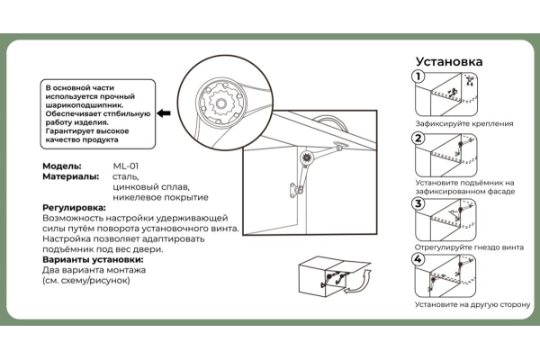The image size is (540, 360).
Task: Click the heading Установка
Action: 448,62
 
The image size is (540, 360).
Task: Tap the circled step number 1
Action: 418,76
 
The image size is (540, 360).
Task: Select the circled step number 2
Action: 418,138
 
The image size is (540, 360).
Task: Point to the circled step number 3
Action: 418,203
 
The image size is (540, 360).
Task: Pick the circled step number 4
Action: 418,260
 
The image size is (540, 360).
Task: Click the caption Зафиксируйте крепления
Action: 464,122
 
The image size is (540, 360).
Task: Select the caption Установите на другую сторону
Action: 472,304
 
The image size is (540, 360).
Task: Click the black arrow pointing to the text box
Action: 165,113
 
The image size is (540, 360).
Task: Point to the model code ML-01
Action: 125,166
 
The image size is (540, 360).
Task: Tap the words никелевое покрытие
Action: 160,196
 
